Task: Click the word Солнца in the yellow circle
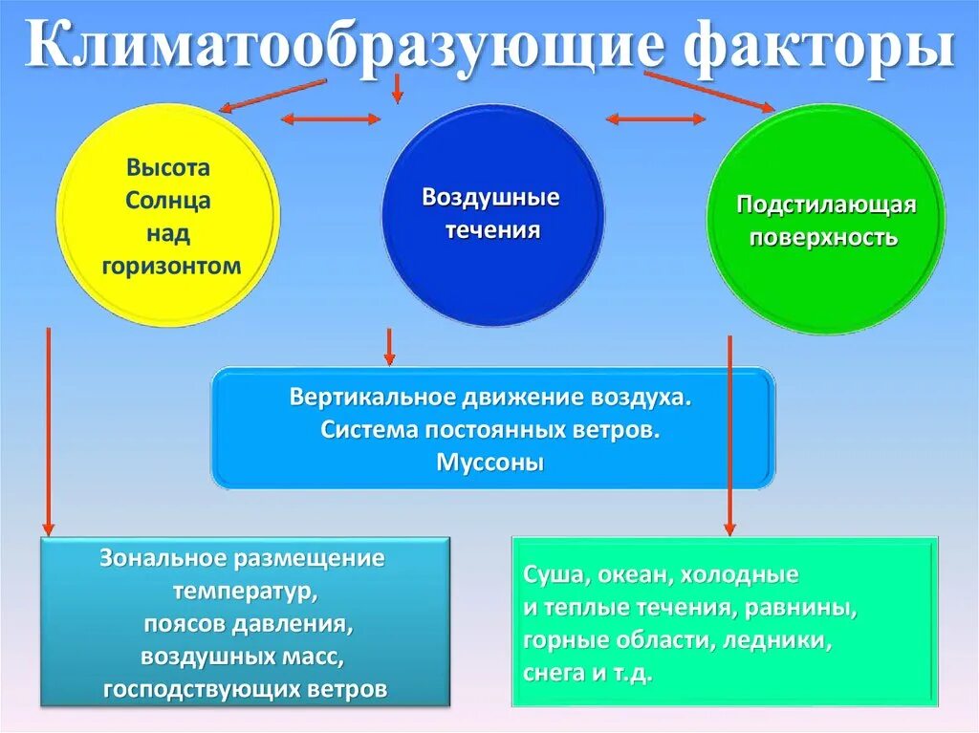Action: (x=167, y=201)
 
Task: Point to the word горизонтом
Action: (x=168, y=265)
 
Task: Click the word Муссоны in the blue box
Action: (x=490, y=463)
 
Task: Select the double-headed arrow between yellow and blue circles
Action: (x=330, y=119)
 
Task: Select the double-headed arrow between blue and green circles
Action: (x=656, y=119)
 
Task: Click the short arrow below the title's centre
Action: (x=397, y=88)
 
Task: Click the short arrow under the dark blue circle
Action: (x=389, y=347)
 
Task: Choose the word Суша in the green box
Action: (x=547, y=576)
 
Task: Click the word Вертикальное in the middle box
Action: (x=369, y=397)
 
